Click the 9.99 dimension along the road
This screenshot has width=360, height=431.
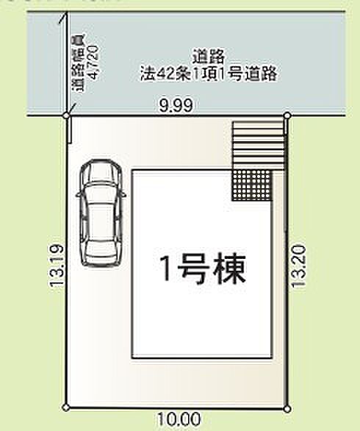(x=176, y=106)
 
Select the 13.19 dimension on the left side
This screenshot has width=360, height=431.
(x=55, y=266)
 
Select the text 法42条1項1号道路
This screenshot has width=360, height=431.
(x=209, y=74)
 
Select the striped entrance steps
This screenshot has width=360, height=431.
(x=257, y=143)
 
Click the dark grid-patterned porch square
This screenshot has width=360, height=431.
(x=252, y=184)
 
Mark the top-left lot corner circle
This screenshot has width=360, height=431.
(x=66, y=115)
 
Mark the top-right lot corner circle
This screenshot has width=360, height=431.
(x=287, y=115)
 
